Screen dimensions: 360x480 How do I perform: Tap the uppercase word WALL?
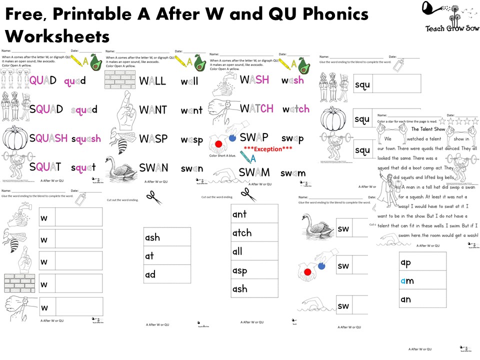[x=152, y=81]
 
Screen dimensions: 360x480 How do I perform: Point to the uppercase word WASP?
[x=153, y=138]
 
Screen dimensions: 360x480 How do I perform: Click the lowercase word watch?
[x=295, y=109]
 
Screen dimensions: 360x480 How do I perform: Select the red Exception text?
[x=267, y=148]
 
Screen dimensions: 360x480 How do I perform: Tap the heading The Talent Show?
[x=428, y=128]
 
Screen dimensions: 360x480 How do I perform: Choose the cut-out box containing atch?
[x=254, y=233]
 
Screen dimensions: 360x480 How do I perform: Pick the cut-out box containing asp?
[x=254, y=270]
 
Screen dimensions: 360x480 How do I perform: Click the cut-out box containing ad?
[x=167, y=274]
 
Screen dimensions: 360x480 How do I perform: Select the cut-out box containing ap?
[x=422, y=262]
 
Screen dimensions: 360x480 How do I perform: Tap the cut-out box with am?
[x=422, y=280]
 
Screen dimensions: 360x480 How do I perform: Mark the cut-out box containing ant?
[x=254, y=214]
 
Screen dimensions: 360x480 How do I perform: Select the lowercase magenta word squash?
[x=85, y=138]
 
